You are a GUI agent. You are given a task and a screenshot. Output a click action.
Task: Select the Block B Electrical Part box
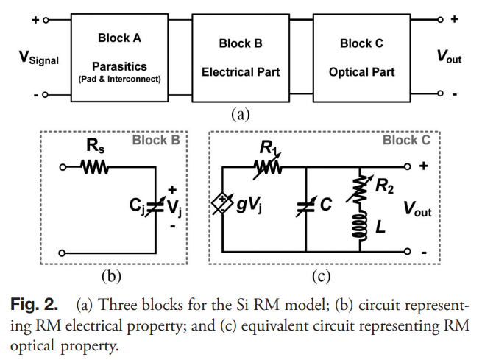point(241,57)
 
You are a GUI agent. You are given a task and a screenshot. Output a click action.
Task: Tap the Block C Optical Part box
point(361,57)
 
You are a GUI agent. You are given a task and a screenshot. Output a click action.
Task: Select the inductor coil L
point(361,227)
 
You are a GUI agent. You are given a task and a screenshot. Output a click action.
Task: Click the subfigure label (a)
point(241,114)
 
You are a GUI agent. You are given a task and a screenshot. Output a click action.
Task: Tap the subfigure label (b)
point(110,276)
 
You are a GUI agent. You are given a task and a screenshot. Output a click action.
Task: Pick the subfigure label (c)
point(320,276)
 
